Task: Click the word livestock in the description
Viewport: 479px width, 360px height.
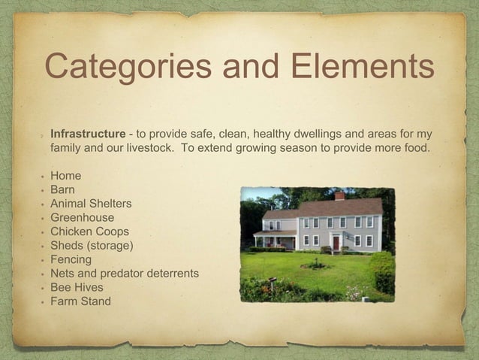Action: (x=149, y=147)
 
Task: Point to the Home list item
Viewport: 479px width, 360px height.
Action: (x=65, y=176)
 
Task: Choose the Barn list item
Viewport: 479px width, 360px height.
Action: (x=64, y=190)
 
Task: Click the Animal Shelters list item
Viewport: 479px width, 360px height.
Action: (x=91, y=204)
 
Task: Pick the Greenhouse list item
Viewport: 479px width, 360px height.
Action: (x=82, y=218)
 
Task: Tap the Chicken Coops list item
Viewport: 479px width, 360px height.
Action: (x=89, y=231)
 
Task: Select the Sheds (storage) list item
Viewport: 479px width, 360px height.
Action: (x=92, y=246)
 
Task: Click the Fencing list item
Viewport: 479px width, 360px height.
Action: (x=71, y=259)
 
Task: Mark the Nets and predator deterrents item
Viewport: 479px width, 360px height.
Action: (x=125, y=274)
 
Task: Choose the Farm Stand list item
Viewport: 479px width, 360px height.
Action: (x=80, y=301)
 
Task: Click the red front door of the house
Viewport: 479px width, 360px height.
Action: (x=336, y=242)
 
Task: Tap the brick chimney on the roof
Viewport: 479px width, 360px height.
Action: (x=339, y=196)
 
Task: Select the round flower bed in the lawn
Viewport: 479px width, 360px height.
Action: (x=315, y=265)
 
